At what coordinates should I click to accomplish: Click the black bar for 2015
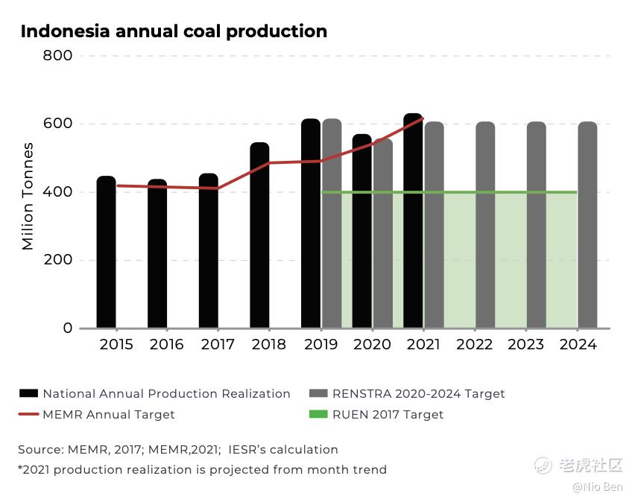click(x=107, y=253)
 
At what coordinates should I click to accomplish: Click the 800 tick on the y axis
click(x=57, y=56)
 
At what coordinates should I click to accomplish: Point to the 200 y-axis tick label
click(x=57, y=260)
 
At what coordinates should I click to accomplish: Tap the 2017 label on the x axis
click(x=218, y=345)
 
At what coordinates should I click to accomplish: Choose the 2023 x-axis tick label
click(x=526, y=345)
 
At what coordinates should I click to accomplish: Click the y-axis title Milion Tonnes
click(x=28, y=195)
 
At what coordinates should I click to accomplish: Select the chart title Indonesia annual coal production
click(x=174, y=31)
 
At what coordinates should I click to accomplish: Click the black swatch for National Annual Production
click(x=28, y=393)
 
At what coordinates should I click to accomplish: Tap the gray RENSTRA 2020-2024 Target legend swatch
click(x=318, y=393)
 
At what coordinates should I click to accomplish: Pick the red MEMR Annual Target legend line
click(x=28, y=414)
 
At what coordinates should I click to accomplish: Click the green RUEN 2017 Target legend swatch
click(x=318, y=414)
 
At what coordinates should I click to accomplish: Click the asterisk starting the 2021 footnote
click(x=20, y=468)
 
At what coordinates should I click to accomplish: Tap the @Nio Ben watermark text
click(x=598, y=487)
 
